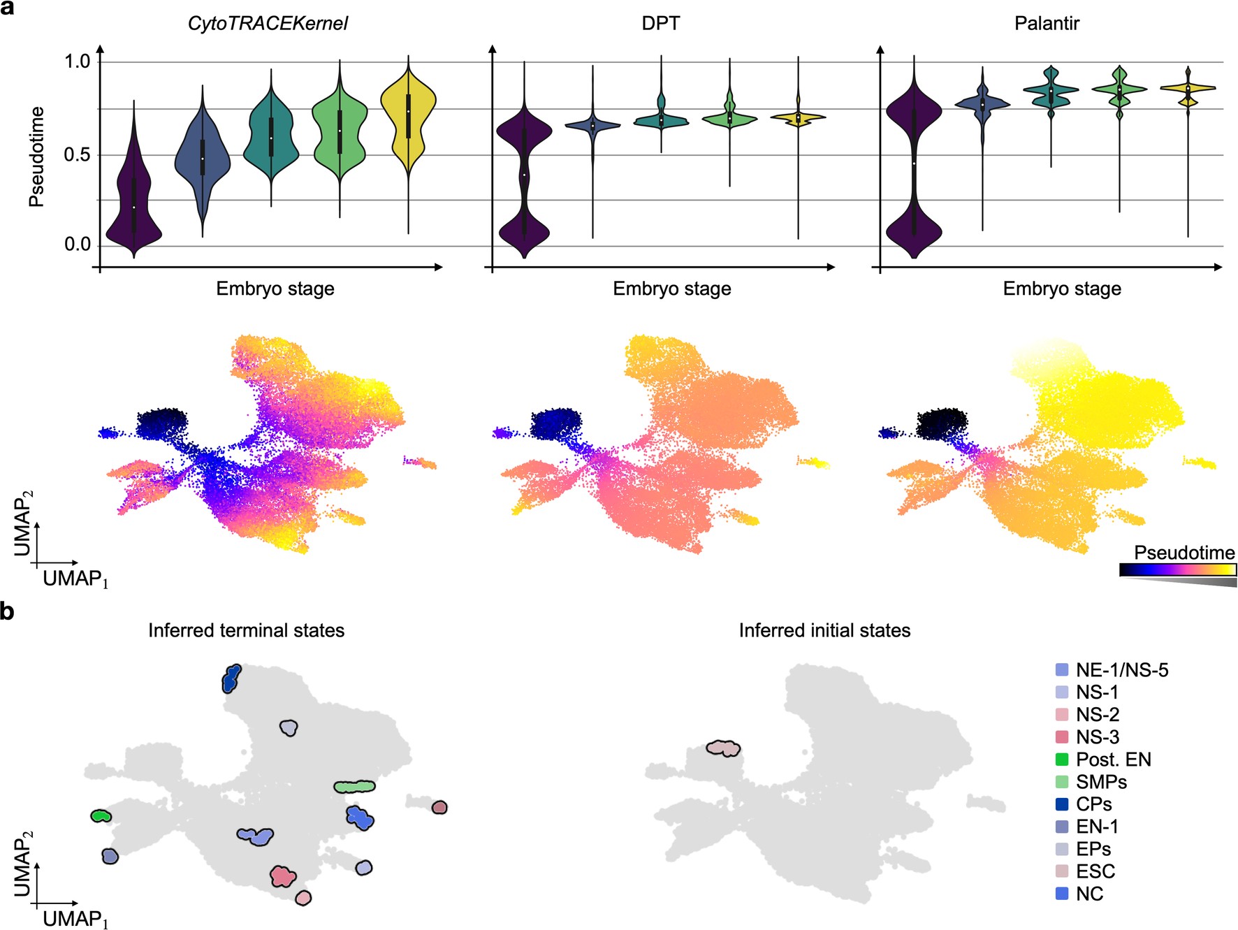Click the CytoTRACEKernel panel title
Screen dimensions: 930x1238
point(268,24)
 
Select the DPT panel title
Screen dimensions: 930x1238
point(660,24)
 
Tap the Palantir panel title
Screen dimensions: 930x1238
point(1046,24)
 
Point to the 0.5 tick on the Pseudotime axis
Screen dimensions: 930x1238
point(78,154)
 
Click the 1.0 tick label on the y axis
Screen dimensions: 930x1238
point(78,61)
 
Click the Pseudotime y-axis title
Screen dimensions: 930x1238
point(36,157)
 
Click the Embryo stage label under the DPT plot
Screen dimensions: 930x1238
point(671,289)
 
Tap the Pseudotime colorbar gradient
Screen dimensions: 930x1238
point(1177,569)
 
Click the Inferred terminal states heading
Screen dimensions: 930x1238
point(246,630)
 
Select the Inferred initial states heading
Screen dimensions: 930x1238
point(824,630)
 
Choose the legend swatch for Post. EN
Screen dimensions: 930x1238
point(1062,760)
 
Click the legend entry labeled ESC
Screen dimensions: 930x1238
point(1095,871)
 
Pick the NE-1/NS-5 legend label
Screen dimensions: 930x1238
point(1121,670)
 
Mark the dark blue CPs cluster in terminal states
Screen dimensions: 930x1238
point(231,678)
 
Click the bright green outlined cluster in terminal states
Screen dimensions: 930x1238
point(101,815)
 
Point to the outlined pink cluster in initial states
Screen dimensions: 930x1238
point(723,748)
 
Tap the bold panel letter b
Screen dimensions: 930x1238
point(7,611)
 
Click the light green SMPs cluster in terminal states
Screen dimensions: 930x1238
point(354,787)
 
